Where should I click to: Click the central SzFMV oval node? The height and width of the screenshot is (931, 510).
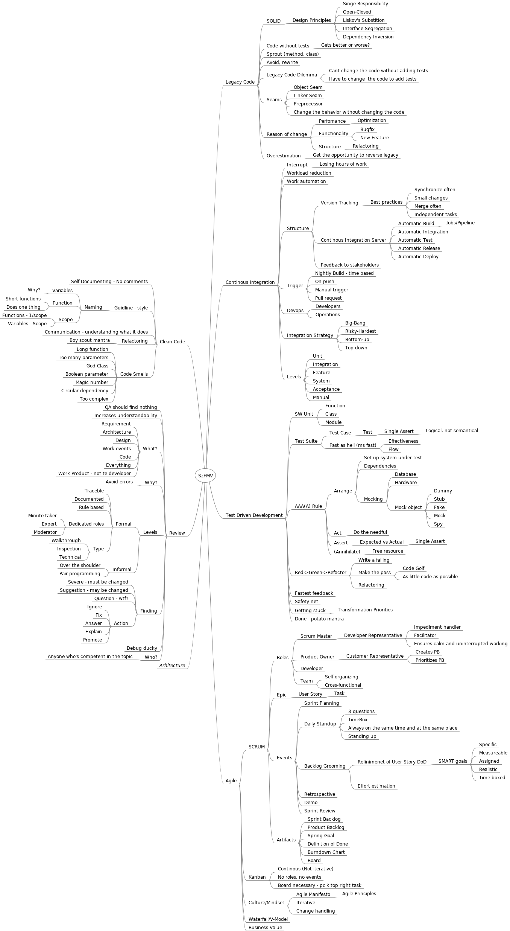[x=205, y=475]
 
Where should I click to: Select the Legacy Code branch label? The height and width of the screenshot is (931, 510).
[x=240, y=82]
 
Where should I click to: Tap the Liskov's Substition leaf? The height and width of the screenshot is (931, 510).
[x=363, y=20]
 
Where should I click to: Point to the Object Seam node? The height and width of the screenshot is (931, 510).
[x=308, y=87]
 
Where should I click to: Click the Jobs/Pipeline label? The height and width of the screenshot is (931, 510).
[x=460, y=223]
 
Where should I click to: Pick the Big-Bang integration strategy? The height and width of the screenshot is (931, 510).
[x=355, y=323]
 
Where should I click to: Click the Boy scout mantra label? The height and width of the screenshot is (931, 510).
[x=90, y=340]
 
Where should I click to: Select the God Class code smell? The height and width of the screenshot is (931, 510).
[x=97, y=366]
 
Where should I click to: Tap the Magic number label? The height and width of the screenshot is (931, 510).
[x=92, y=382]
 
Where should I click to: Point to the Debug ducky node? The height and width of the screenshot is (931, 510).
[x=142, y=648]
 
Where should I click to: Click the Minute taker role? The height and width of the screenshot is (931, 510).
[x=42, y=516]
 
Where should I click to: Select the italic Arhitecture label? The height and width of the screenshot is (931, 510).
[x=172, y=666]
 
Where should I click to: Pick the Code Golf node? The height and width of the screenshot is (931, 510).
[x=413, y=568]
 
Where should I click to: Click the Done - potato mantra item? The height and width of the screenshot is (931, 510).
[x=319, y=619]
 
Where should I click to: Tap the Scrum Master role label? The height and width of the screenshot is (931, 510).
[x=316, y=636]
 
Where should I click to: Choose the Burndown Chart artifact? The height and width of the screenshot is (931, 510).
[x=326, y=852]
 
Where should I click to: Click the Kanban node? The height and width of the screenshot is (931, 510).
[x=257, y=877]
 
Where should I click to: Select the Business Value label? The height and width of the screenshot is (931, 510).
[x=265, y=928]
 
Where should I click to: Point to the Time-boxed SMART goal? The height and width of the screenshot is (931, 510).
[x=492, y=778]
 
